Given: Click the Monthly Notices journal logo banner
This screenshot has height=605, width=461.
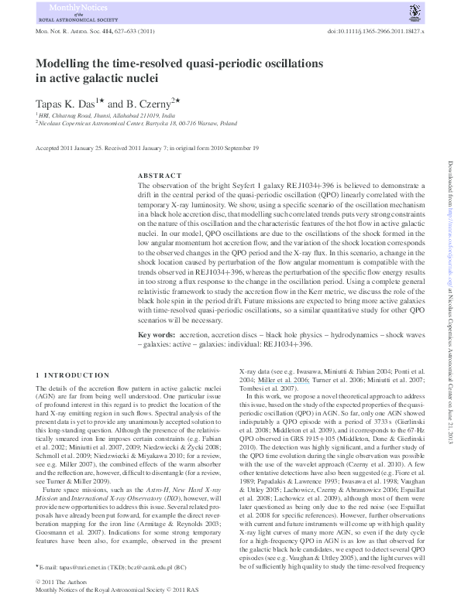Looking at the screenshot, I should point(79,13).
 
